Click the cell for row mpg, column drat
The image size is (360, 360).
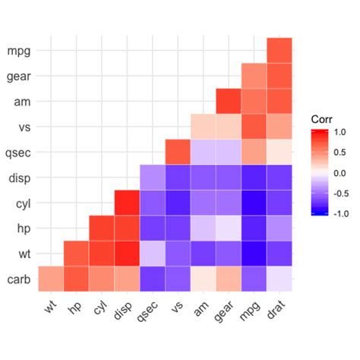279,51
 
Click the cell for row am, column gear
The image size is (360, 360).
229,101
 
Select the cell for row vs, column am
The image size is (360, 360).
204,126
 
